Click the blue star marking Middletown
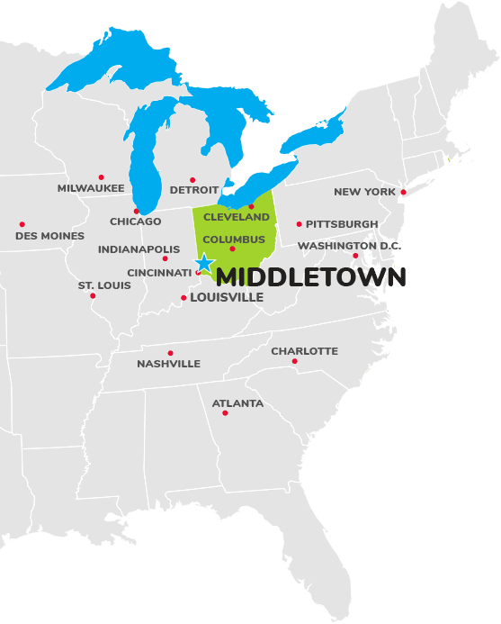(x=204, y=263)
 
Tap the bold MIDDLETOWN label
(x=311, y=277)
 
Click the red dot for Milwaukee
(x=101, y=177)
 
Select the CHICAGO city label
(x=136, y=222)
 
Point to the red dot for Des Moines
(x=22, y=224)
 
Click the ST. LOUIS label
(x=104, y=285)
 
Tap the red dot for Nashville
(x=170, y=353)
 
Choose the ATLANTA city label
(x=237, y=403)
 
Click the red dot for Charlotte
(x=294, y=361)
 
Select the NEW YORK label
(x=364, y=192)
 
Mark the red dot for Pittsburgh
(x=299, y=223)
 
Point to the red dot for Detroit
(x=192, y=179)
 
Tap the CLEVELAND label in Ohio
(x=237, y=217)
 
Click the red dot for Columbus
(x=232, y=249)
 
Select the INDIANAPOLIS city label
(x=139, y=249)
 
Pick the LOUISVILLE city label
(x=227, y=297)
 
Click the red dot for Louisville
(x=183, y=297)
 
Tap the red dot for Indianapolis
(x=165, y=258)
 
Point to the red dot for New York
(x=403, y=192)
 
